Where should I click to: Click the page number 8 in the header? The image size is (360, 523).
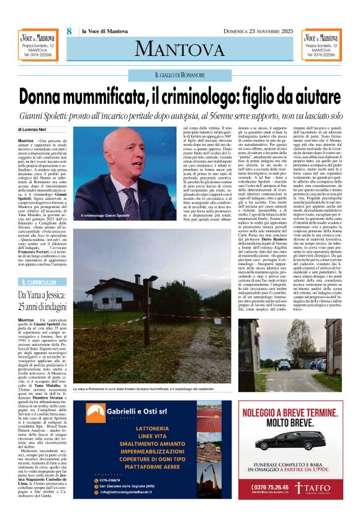pos(70,31)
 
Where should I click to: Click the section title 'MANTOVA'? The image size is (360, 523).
pos(179,48)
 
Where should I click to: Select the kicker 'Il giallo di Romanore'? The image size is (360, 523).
pos(179,75)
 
